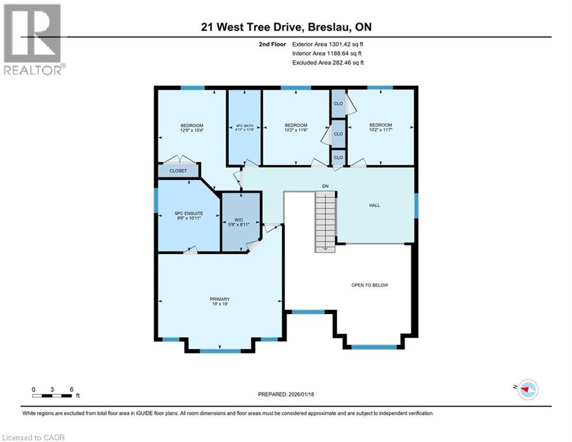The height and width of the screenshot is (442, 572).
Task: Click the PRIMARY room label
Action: pos(220,299)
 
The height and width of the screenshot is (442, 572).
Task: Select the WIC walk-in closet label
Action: pos(241,220)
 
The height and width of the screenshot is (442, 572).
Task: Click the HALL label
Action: pos(374,205)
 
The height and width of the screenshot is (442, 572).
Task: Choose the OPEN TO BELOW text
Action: pos(370,285)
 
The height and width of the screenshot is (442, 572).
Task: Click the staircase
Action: pos(325,222)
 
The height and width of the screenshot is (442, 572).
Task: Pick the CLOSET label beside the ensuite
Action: pos(178,171)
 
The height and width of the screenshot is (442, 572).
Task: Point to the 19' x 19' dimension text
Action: pos(220,305)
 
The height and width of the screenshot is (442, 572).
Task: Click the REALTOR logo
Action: pos(33,39)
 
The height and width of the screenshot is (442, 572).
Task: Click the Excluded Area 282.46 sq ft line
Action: pos(328,62)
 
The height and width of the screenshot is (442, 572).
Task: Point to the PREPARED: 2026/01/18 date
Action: pos(287,394)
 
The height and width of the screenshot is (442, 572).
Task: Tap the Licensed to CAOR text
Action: pos(34,437)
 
